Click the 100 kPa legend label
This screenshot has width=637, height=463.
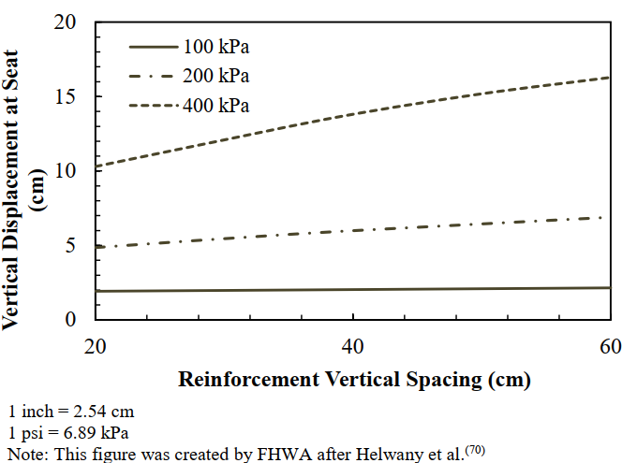tap(217, 46)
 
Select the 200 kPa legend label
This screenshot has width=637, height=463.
tap(217, 75)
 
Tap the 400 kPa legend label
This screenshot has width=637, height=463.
tap(217, 105)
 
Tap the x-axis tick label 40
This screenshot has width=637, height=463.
tap(352, 346)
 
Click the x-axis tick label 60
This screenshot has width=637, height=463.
tap(611, 346)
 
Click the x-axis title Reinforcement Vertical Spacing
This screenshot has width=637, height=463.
tap(354, 380)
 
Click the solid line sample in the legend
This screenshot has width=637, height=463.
tap(152, 46)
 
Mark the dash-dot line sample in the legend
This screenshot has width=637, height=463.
tap(152, 75)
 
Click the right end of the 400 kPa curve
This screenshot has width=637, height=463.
tap(609, 78)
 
